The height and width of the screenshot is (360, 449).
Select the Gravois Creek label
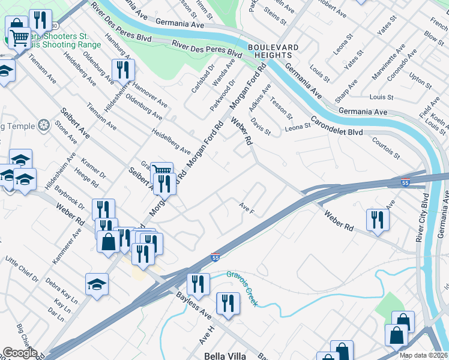[242, 288]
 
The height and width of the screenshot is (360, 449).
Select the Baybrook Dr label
[65, 197]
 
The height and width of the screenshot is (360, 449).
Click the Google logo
[19, 353]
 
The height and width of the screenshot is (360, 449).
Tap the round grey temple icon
[43, 125]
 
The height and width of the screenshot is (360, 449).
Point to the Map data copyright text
[424, 355]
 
